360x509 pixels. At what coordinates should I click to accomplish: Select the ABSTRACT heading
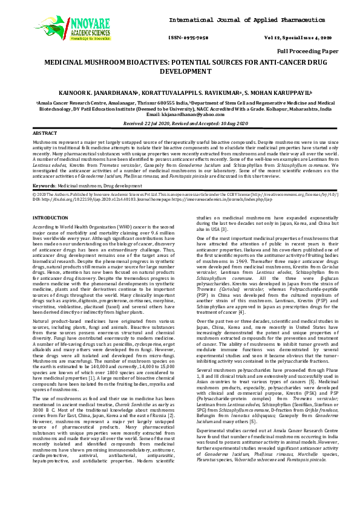point(45,132)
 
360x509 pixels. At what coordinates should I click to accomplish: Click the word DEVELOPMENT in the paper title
point(180,71)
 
